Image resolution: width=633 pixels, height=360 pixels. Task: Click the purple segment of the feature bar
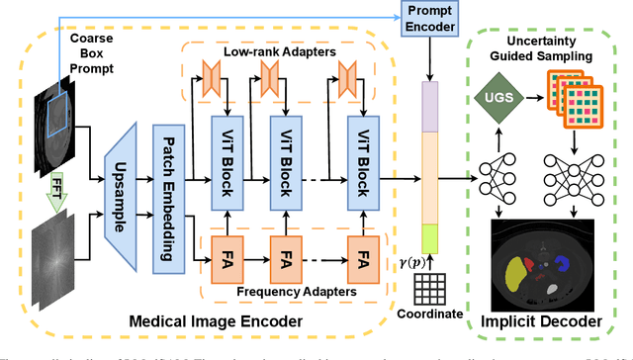pos(431,105)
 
